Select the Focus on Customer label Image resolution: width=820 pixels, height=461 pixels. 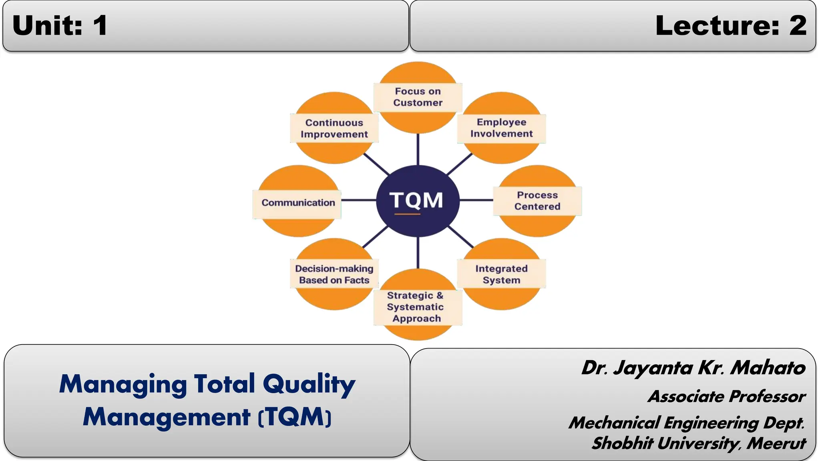(418, 97)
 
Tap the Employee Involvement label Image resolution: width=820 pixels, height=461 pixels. (501, 128)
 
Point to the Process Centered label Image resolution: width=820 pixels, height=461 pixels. (537, 201)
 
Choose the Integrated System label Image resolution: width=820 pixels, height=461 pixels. (501, 274)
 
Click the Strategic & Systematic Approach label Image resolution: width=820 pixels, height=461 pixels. (416, 307)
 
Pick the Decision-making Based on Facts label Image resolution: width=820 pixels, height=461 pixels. (334, 274)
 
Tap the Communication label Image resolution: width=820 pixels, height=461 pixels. (298, 203)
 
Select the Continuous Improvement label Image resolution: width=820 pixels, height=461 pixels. (334, 128)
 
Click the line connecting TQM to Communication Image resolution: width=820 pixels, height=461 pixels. (358, 200)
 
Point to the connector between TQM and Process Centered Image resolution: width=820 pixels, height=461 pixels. (476, 200)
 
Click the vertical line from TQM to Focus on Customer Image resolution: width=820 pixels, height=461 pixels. (418, 149)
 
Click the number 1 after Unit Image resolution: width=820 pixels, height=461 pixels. (100, 26)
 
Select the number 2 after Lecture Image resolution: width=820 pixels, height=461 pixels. (798, 26)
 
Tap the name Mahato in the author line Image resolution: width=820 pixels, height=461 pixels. (768, 368)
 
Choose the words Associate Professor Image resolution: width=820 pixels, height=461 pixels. (726, 397)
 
